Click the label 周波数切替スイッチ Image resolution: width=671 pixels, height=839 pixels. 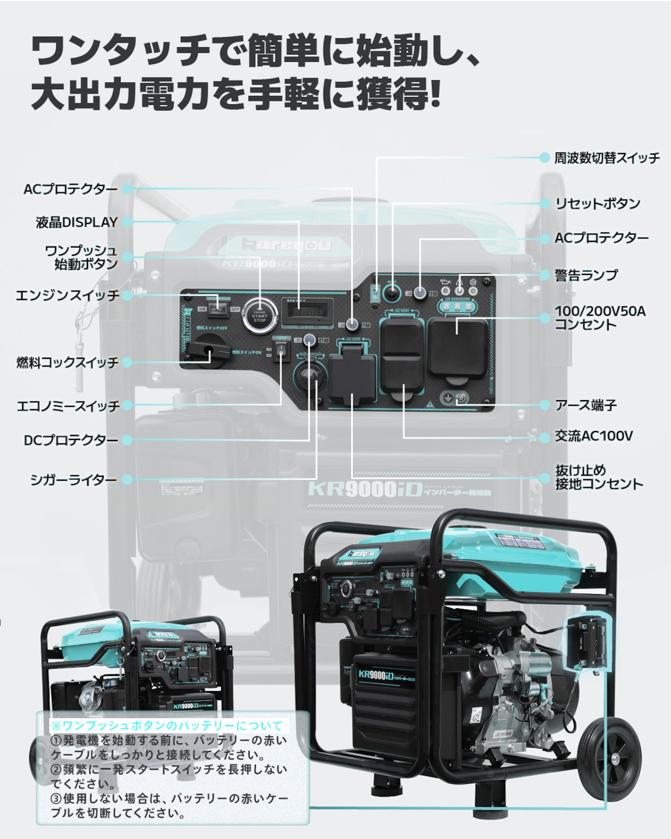[607, 158]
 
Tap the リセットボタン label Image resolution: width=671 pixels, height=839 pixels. [598, 203]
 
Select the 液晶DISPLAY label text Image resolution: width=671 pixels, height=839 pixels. [77, 222]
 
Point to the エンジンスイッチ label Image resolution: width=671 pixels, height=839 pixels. [68, 295]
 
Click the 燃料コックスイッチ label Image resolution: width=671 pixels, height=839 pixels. [68, 362]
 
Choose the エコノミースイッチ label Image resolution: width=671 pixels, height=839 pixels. [68, 406]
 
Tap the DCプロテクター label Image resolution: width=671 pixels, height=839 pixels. [71, 440]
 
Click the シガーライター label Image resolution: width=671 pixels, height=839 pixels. [73, 480]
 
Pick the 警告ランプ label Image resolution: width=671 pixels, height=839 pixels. [587, 275]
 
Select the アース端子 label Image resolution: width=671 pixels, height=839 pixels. [586, 405]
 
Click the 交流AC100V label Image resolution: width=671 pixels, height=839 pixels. [594, 436]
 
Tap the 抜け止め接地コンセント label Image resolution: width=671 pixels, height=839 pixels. [599, 477]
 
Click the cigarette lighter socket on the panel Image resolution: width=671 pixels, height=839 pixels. [309, 377]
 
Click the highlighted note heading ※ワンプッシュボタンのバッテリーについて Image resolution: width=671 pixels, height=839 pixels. [167, 726]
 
